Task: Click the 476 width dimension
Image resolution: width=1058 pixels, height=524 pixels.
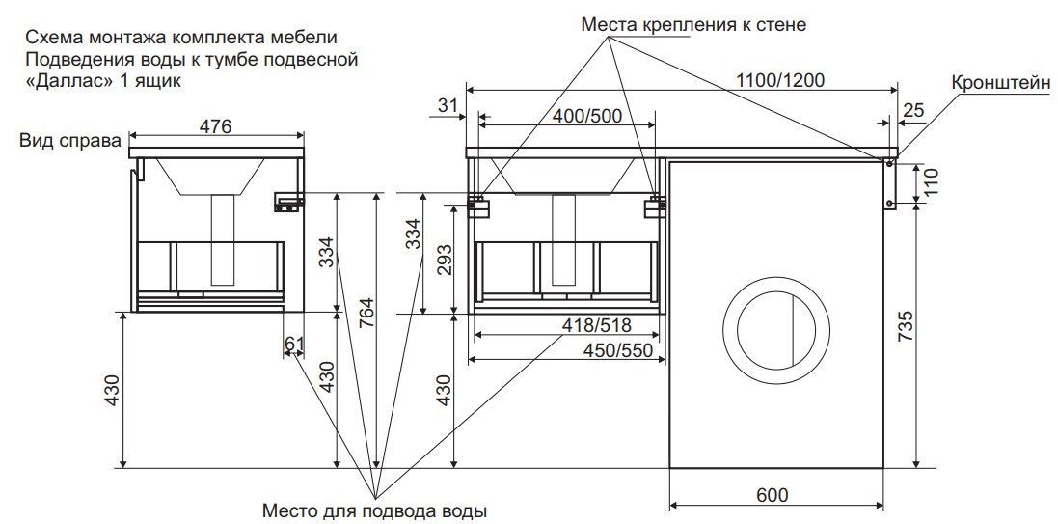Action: coord(216,125)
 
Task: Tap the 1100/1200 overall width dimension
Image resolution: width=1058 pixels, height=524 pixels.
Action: coord(780,80)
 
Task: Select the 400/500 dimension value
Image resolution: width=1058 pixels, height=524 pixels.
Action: coord(587,116)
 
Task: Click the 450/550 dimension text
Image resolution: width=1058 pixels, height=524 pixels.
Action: coord(618,350)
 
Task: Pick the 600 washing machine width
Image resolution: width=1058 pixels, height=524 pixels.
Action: coord(772,495)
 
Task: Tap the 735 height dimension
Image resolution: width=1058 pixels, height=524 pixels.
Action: coord(908,326)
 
